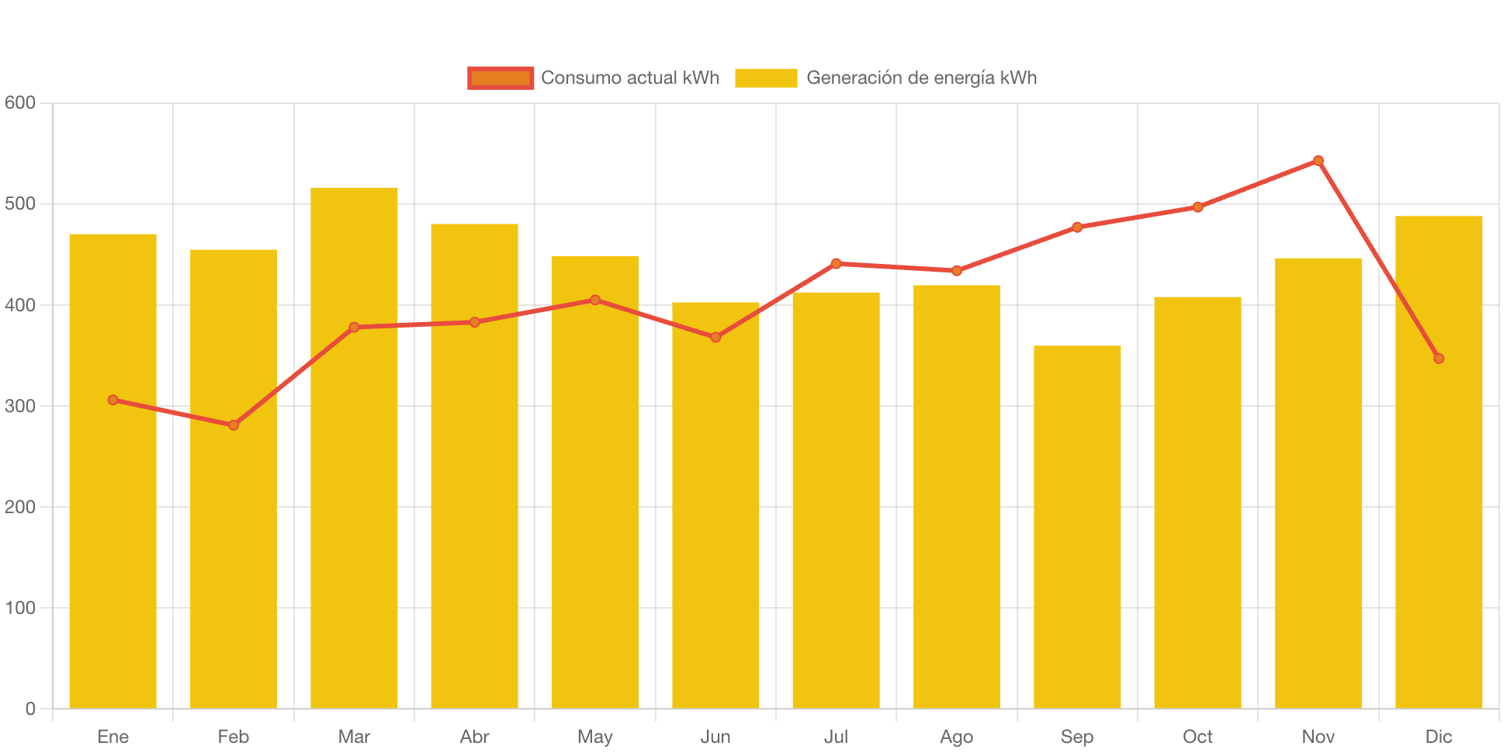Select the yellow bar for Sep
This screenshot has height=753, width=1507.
(1077, 528)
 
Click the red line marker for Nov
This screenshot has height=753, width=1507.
(1318, 161)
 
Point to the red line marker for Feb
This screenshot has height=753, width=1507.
(234, 425)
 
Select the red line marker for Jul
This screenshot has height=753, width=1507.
(836, 264)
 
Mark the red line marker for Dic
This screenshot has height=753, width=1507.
(1439, 359)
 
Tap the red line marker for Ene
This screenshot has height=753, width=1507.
(113, 400)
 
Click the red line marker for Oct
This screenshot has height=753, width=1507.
(1198, 207)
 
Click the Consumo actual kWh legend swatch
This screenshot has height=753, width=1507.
(501, 78)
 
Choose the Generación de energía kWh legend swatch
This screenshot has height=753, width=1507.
(766, 78)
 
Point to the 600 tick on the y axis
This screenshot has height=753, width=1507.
(20, 102)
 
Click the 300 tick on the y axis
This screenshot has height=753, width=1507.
(20, 406)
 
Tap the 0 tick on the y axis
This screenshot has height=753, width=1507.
(30, 709)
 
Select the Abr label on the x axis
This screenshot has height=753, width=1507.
(474, 737)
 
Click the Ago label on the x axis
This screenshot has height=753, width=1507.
(956, 737)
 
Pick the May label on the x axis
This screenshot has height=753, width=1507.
(595, 737)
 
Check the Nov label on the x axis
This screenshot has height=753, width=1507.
(1318, 737)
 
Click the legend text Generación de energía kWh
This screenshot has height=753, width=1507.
(921, 78)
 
